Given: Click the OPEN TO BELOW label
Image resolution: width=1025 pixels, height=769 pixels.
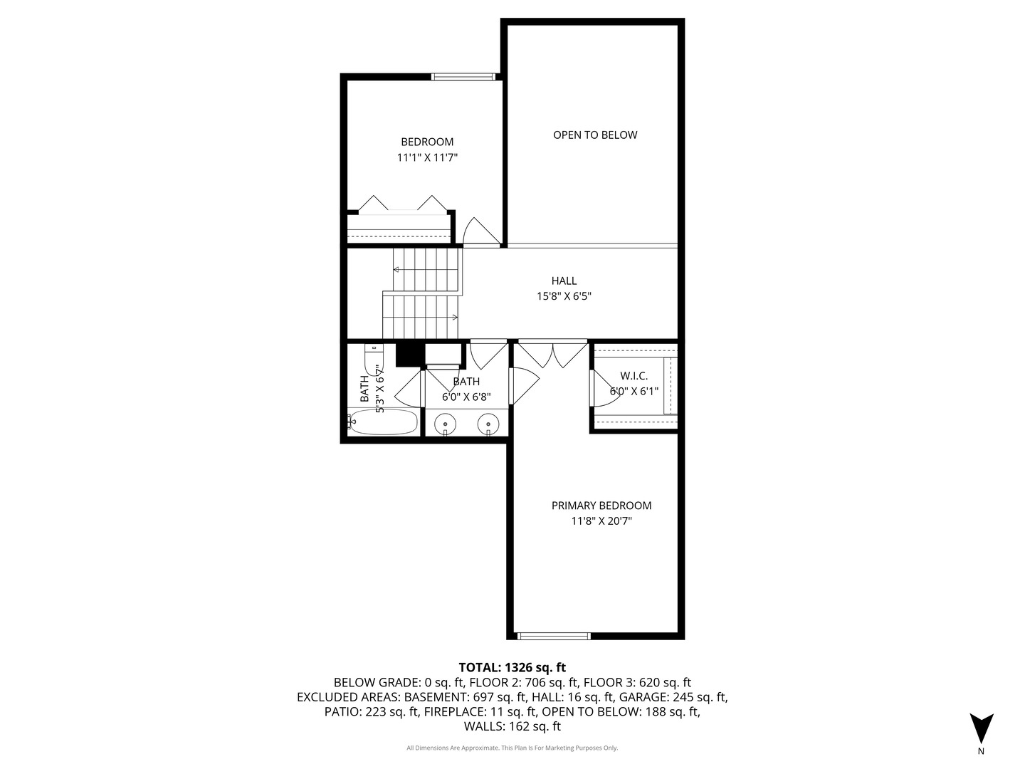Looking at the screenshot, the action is pos(595,135).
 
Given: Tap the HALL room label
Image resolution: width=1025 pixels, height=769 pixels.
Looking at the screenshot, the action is pos(564,281).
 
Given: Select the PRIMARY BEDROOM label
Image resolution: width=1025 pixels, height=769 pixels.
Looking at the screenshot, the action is pos(601,506).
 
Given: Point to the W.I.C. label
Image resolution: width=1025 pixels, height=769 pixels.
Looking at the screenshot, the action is pos(634,375).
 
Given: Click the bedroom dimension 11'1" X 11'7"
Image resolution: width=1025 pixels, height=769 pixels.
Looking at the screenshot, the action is pos(427,157).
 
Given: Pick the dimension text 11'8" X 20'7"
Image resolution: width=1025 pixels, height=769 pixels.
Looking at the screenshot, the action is pos(601,520).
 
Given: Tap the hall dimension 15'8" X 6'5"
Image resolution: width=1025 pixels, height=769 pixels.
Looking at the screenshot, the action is pos(564,296).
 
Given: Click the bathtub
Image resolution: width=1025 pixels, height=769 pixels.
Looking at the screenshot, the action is pos(383,422).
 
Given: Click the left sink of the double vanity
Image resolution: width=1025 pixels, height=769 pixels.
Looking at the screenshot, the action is pos(445,424).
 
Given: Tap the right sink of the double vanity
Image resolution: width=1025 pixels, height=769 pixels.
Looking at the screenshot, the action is pos(488,424).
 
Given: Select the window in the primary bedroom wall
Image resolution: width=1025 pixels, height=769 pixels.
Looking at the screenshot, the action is pos(554,636).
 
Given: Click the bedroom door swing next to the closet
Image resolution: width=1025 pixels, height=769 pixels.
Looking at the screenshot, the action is pos(481,231).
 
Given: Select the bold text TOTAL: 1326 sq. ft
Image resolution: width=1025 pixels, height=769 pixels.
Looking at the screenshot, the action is pos(512,667).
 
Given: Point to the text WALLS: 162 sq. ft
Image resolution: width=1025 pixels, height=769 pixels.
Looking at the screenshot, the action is pos(512,726).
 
